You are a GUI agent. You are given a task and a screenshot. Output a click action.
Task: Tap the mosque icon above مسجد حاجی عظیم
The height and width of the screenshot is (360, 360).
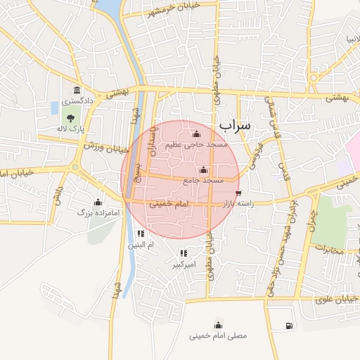click(x=195, y=134)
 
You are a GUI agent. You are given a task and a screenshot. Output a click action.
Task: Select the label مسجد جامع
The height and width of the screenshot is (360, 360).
click(x=202, y=181)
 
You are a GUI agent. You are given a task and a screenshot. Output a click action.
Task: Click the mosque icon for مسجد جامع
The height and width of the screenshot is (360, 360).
click(x=203, y=169)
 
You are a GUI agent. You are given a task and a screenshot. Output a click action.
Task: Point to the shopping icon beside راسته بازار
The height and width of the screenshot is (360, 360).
click(x=239, y=193)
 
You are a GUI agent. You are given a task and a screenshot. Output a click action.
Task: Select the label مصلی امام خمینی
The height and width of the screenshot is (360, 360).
click(x=218, y=336)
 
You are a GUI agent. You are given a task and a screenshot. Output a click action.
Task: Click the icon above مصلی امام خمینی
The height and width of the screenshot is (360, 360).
click(x=218, y=324)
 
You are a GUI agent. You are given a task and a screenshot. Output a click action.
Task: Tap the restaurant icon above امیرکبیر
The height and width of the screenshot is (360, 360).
click(x=183, y=253)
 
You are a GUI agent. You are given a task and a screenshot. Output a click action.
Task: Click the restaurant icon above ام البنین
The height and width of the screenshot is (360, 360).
click(x=141, y=233)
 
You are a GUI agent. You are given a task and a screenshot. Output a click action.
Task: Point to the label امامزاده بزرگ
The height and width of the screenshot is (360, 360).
click(x=95, y=210)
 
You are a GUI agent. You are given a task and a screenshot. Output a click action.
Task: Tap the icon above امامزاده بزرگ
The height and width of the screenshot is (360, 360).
click(x=97, y=200)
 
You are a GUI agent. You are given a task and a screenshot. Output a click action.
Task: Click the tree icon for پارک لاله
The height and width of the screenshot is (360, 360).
click(x=69, y=119)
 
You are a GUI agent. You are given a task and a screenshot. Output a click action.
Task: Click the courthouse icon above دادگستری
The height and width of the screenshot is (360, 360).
click(x=76, y=91)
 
